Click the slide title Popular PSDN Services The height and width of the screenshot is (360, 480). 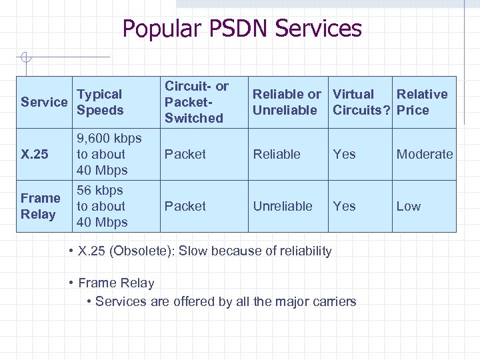point(242,29)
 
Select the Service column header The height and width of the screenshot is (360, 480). point(44,102)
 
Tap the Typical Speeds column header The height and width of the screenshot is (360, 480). point(100,102)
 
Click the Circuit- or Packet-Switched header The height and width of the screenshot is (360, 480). point(197,102)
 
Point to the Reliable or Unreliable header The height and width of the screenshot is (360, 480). point(287,102)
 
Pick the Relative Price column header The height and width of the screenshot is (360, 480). point(422,102)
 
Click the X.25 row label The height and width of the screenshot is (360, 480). point(35,155)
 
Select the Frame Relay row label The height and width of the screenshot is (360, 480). point(40,206)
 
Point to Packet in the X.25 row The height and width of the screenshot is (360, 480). point(185,154)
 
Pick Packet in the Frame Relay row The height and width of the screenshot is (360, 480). point(185,206)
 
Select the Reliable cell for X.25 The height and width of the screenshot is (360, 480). point(277,154)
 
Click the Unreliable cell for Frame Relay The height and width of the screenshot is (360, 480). point(283,206)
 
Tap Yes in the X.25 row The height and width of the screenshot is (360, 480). point(344,154)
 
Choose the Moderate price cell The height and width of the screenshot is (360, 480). point(425,154)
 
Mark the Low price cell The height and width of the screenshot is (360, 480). point(409,206)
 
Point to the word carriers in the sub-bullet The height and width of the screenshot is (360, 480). point(332,301)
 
